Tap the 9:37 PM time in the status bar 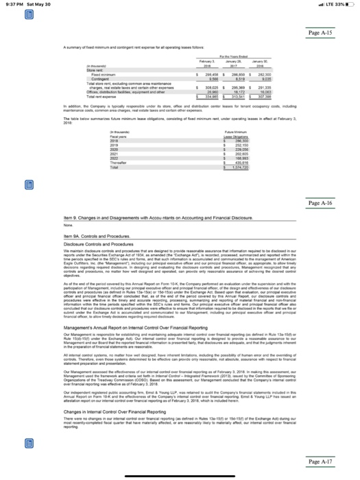(10, 5)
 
